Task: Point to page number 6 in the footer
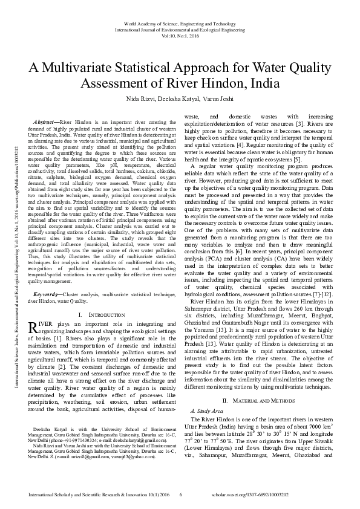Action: click(181, 495)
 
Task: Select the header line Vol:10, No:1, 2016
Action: click(180, 35)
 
